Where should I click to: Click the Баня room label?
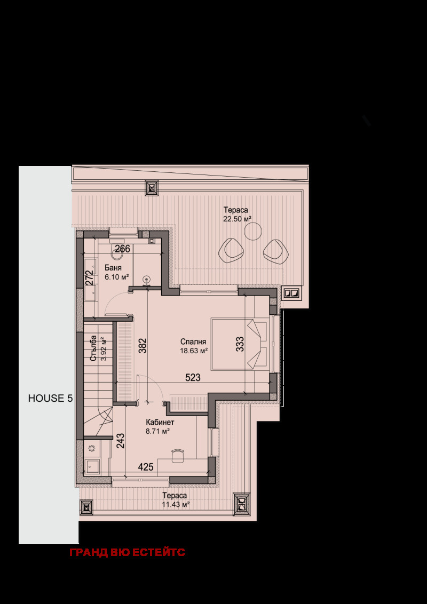pos(113,268)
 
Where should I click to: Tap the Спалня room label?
pos(193,341)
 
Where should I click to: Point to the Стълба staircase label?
pos(93,348)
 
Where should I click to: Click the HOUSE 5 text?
pos(50,398)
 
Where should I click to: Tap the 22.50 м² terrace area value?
pos(237,219)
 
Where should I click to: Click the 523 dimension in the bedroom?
pos(193,378)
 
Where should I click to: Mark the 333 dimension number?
pos(240,344)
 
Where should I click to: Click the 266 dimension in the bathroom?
pos(123,249)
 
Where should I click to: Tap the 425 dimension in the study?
pos(146,467)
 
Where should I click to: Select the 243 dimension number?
pos(120,441)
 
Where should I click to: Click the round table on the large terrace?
pos(253,232)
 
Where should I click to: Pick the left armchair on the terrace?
pos(231,251)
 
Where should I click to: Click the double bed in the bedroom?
pos(239,344)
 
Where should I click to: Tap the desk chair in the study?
pos(177,455)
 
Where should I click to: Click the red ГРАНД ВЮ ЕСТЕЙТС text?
pos(127,552)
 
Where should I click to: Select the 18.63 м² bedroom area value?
pos(194,351)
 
